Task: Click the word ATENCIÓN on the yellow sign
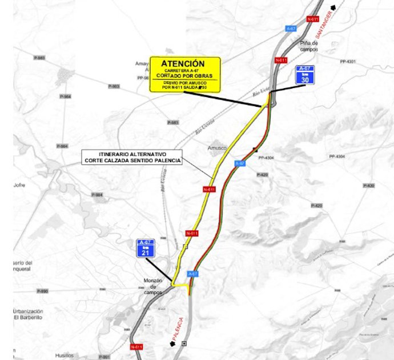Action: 183,63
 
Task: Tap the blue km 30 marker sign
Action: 305,75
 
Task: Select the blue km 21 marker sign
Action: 146,249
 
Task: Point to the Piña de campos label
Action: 309,46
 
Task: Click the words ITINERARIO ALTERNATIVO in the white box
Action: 132,154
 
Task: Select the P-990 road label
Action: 42,291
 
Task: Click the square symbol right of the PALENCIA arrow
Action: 184,343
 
